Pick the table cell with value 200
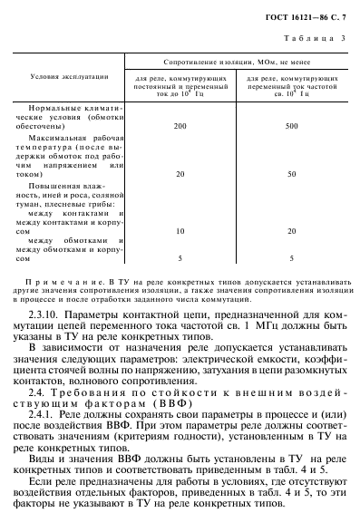click(180, 124)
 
